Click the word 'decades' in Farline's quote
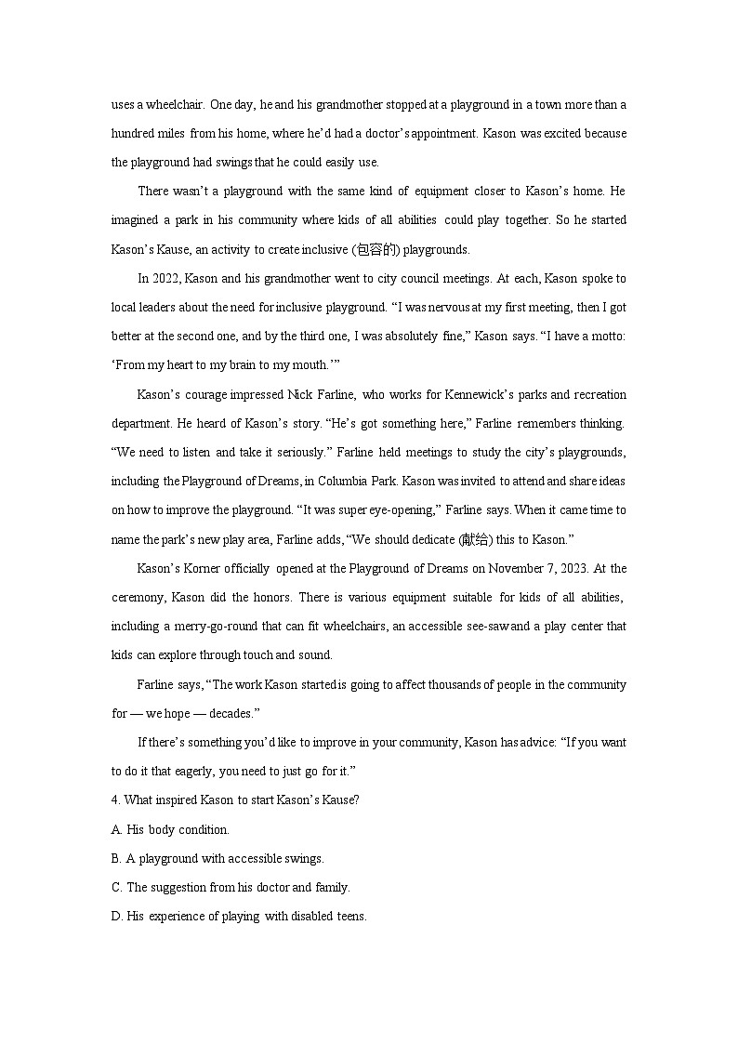231,713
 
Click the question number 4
114,800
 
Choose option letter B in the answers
116,858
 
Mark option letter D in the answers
116,916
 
